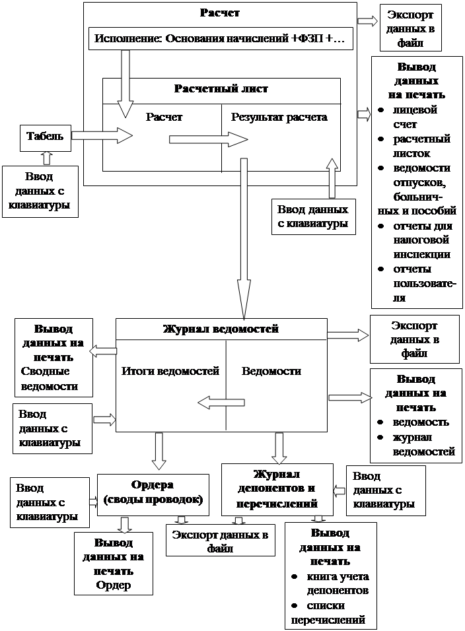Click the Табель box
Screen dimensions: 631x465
click(45, 137)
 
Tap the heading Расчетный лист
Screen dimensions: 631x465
click(221, 89)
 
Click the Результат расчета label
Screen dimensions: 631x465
click(279, 117)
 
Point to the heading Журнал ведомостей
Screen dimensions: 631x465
click(221, 329)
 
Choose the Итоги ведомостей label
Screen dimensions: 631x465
click(170, 371)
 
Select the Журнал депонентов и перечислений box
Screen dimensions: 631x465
click(276, 489)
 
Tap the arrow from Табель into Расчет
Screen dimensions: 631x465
click(102, 136)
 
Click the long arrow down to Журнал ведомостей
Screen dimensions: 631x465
click(244, 238)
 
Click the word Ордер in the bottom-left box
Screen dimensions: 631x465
click(114, 585)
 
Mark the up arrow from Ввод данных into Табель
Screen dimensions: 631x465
click(46, 158)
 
